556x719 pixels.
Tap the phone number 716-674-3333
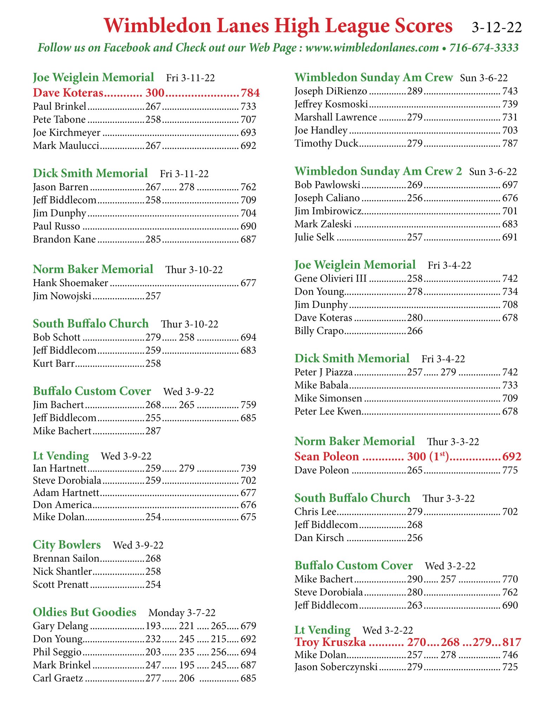point(484,47)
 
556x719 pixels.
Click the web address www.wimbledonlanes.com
point(372,47)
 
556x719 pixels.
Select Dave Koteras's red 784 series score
point(250,93)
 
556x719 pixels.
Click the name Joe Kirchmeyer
point(67,133)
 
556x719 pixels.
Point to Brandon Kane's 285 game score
point(153,239)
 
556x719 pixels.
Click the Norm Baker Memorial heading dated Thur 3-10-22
point(93,269)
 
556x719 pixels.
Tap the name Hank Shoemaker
point(71,283)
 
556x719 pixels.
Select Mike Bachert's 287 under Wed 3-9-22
point(153,431)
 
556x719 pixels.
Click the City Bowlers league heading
point(67,545)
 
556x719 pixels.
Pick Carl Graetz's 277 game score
point(153,678)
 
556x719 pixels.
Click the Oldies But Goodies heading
point(85,612)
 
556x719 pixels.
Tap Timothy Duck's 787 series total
point(510,144)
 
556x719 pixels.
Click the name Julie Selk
point(314,237)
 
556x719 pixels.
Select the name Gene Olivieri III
point(331,279)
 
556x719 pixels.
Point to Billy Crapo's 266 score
point(415,331)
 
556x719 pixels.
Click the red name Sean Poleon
point(327,456)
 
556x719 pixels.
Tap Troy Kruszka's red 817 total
point(512,642)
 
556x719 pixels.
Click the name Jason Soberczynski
point(336,667)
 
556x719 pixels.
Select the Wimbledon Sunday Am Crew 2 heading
point(378,171)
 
